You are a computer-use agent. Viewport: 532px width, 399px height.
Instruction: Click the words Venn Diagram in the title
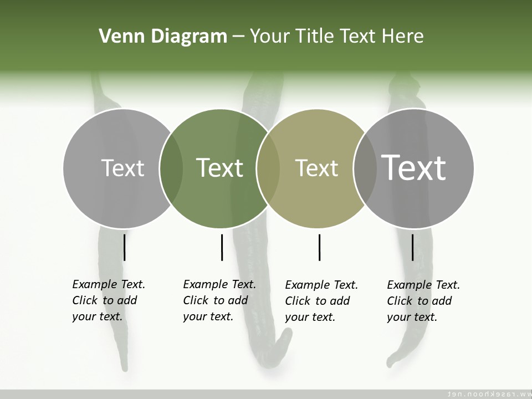163,37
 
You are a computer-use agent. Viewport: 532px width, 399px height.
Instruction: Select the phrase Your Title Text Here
336,37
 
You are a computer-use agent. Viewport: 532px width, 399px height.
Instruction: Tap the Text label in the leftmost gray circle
122,168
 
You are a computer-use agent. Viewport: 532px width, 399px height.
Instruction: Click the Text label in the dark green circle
219,168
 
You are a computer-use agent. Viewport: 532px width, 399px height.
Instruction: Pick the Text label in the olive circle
316,168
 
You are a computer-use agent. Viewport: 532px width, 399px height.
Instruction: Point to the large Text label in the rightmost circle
414,167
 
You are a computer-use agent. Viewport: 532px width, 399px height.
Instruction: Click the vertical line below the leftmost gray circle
124,247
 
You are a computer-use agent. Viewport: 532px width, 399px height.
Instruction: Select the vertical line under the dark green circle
222,247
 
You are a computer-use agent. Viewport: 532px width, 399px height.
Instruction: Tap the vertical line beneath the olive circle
319,247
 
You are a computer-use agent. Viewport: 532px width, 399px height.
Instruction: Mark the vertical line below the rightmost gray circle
412,247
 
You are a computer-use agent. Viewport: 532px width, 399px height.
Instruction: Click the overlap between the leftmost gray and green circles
171,168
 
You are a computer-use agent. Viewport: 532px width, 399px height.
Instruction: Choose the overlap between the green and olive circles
268,168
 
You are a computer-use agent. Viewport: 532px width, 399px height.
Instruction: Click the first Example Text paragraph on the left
108,300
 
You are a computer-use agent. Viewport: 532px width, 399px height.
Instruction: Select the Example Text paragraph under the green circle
219,300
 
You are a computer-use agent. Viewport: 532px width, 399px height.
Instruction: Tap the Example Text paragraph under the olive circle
321,301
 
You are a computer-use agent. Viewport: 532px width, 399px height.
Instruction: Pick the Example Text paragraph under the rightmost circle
423,301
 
